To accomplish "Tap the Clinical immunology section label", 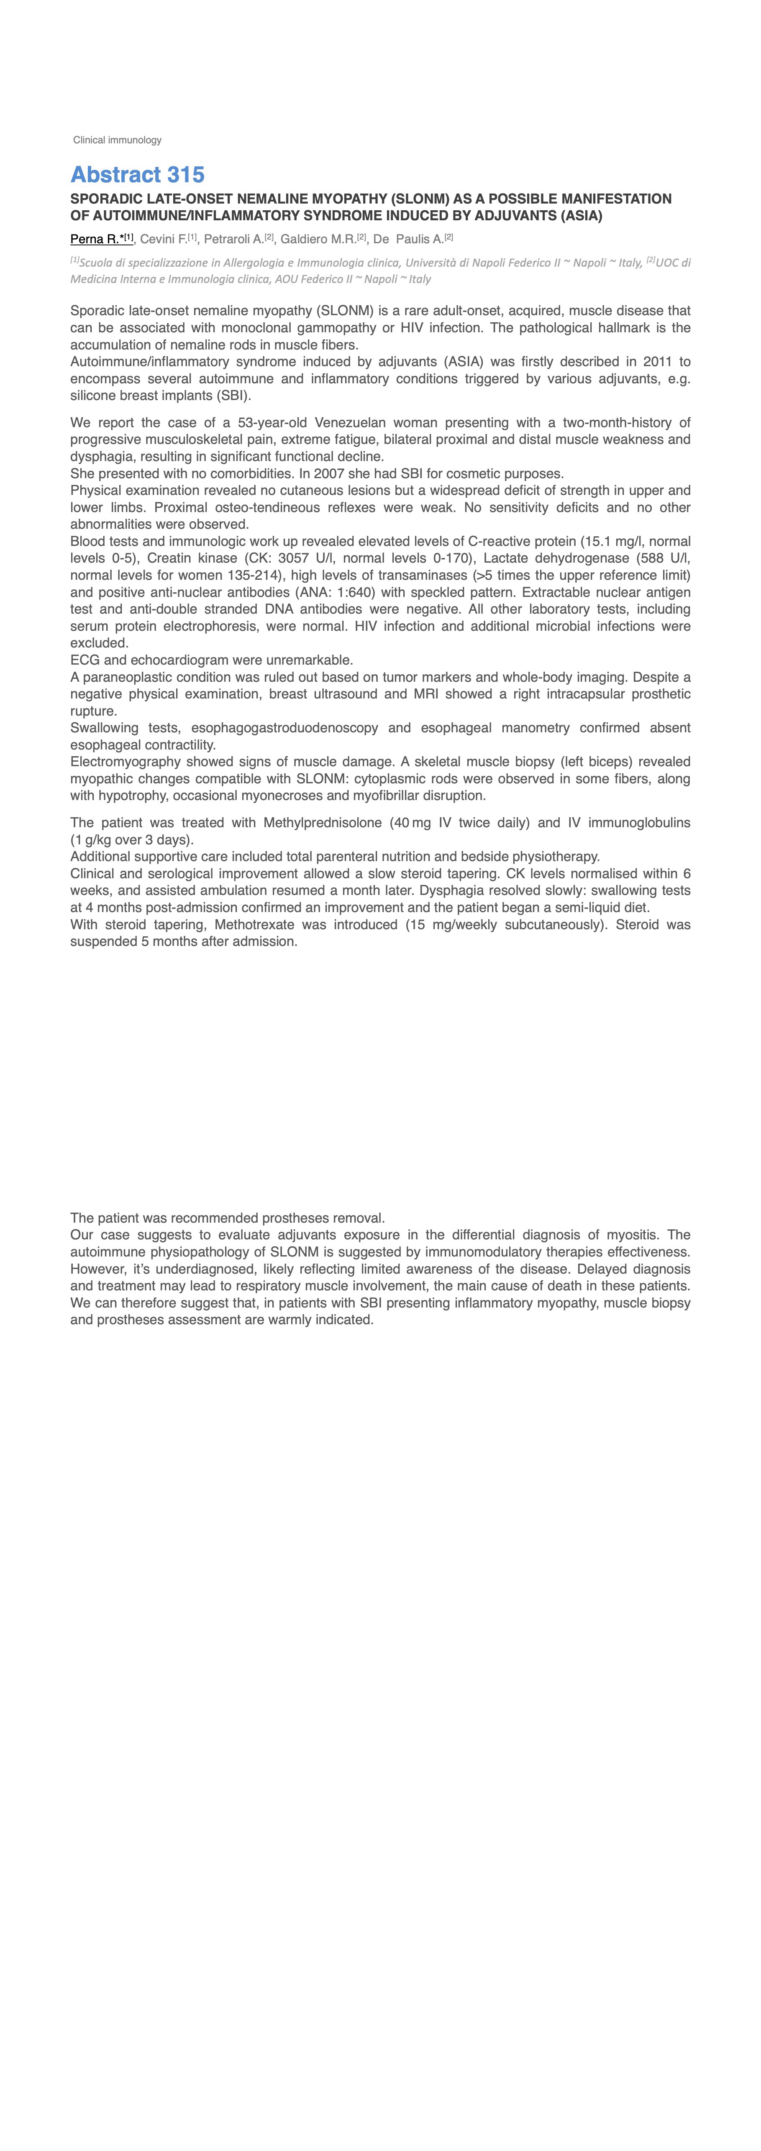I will point(117,140).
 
